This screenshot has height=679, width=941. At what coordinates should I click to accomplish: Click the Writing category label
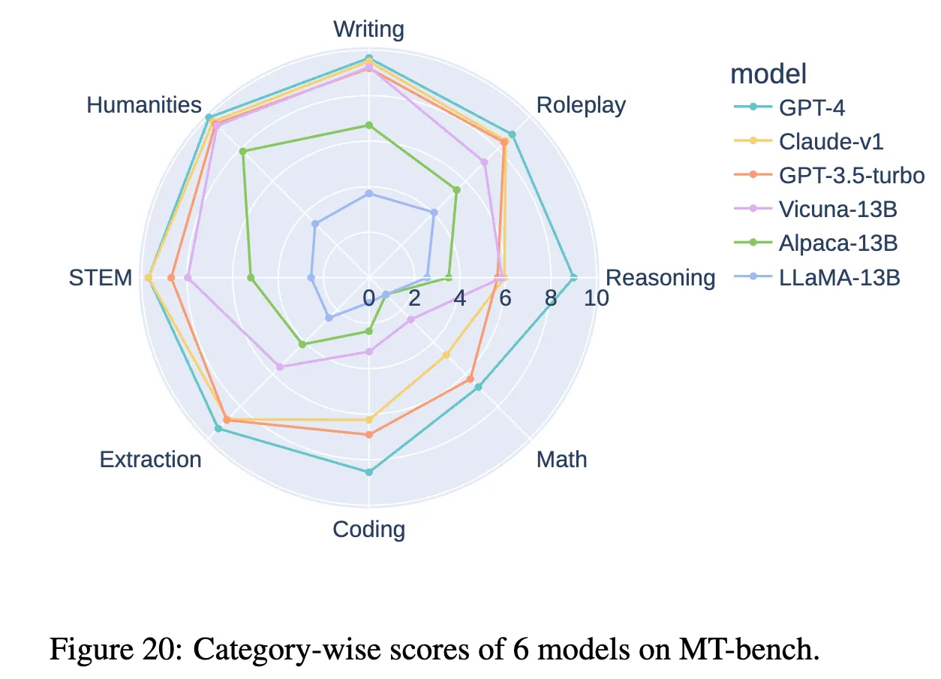[x=368, y=29]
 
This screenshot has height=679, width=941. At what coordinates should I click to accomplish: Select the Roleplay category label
[x=581, y=105]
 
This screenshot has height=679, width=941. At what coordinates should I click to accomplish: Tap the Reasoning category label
[x=660, y=278]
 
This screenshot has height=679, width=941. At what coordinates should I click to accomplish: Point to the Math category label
[x=561, y=459]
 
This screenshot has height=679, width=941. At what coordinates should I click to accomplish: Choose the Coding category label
[x=368, y=530]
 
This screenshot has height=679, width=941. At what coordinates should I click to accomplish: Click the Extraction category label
[x=150, y=459]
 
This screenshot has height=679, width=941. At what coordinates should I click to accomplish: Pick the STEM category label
[x=100, y=278]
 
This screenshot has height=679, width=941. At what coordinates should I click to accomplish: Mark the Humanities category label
[x=144, y=105]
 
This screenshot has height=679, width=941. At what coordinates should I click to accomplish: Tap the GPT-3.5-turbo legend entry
[x=851, y=176]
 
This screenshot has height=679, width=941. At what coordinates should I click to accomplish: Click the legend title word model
[x=768, y=74]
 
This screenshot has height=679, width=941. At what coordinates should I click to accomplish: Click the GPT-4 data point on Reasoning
[x=573, y=278]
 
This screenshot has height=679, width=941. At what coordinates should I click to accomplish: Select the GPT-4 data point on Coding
[x=368, y=472]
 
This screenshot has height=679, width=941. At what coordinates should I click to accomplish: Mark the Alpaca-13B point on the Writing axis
[x=368, y=125]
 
